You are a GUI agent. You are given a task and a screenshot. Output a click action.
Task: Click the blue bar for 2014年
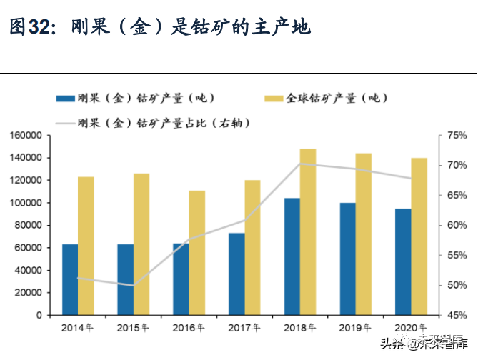tap(70, 279)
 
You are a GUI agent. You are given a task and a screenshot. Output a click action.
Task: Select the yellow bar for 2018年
tap(308, 232)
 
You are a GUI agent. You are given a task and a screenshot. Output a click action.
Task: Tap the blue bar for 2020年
tap(403, 262)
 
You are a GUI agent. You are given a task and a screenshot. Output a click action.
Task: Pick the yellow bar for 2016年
tap(197, 253)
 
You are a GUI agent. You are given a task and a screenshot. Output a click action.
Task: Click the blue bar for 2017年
tap(237, 274)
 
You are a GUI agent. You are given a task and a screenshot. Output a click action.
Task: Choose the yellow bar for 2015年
tap(141, 244)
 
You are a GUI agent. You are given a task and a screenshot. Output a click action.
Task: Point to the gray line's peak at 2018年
tap(300, 164)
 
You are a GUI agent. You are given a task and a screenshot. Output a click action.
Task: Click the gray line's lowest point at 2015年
tap(134, 286)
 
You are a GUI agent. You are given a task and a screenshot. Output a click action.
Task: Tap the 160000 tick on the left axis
tap(26, 135)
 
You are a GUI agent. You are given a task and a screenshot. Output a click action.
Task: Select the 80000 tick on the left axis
tap(28, 225)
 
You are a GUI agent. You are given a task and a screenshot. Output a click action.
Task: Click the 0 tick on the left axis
tap(39, 315)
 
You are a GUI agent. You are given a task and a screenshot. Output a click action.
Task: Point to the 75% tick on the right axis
tap(457, 135)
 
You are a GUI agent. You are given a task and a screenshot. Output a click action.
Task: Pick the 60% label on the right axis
tap(457, 225)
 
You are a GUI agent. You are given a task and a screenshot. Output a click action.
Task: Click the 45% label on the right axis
tap(457, 315)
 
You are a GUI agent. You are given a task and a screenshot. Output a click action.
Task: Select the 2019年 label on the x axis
tap(355, 328)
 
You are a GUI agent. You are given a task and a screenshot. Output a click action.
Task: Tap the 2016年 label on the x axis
tap(189, 328)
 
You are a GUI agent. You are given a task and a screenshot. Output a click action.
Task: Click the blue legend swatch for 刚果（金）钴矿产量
tap(66, 99)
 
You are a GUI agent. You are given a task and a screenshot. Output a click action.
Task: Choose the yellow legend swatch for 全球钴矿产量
tap(274, 99)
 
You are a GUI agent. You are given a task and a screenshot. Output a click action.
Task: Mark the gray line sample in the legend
tap(66, 124)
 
